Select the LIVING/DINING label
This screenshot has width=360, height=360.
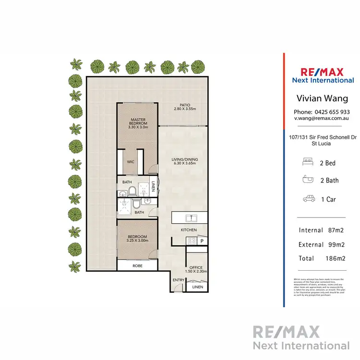pos(185,159)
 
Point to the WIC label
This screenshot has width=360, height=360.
pos(130,162)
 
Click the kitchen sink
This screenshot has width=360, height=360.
pos(192,218)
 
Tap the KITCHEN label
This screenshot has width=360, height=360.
pos(189,230)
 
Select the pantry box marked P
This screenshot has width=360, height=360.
pos(202,241)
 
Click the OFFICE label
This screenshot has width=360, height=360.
pos(196,267)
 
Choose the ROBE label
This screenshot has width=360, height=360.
pos(137,264)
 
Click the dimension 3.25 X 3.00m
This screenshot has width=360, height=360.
pos(137,241)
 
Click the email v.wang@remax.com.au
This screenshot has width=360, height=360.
pos(322,118)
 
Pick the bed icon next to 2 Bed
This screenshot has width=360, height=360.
pos(308,163)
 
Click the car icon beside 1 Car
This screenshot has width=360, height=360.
pos(308,199)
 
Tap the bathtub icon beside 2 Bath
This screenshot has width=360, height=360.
pos(308,180)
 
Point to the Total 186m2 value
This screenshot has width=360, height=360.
pos(335,258)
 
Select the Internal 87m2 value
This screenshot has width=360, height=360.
pos(335,230)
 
